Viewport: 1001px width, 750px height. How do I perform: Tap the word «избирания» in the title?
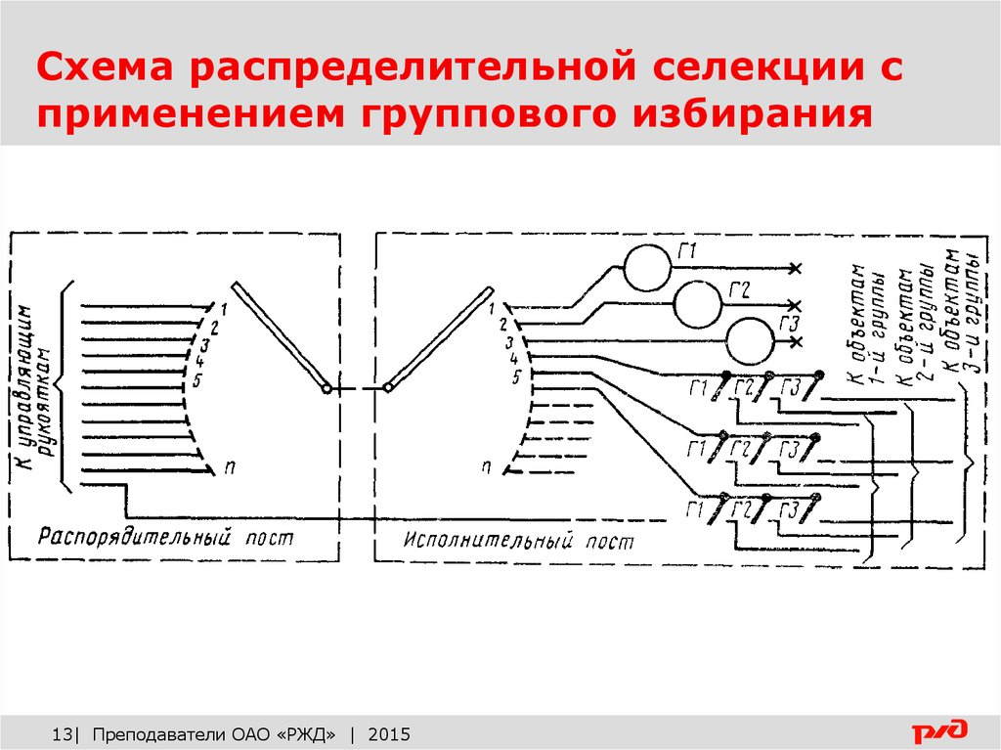pyautogui.click(x=754, y=113)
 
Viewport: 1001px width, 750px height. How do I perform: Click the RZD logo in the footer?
pyautogui.click(x=939, y=730)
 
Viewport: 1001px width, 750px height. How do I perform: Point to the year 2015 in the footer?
pyautogui.click(x=389, y=734)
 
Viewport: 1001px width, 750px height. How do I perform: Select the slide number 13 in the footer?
pyautogui.click(x=62, y=734)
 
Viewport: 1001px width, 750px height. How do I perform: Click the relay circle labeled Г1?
pyautogui.click(x=647, y=268)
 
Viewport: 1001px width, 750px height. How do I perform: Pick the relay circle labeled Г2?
pyautogui.click(x=698, y=305)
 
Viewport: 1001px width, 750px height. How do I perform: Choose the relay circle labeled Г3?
pyautogui.click(x=750, y=342)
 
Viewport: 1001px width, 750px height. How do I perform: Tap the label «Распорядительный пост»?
pyautogui.click(x=165, y=537)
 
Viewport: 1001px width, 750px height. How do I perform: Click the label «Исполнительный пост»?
pyautogui.click(x=518, y=541)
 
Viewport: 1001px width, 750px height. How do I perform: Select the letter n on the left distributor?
pyautogui.click(x=230, y=467)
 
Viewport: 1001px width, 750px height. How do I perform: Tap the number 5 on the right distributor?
pyautogui.click(x=515, y=377)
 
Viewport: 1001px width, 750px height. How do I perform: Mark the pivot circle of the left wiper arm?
pyautogui.click(x=326, y=388)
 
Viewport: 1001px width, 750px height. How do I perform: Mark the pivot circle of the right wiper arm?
pyautogui.click(x=387, y=388)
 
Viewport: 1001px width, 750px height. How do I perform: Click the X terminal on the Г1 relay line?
pyautogui.click(x=795, y=268)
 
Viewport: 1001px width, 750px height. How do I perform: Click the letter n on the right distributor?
pyautogui.click(x=487, y=467)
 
